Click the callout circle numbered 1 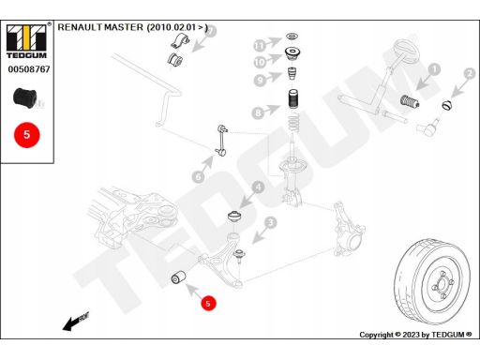coord(433,68)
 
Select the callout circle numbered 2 coord(468,73)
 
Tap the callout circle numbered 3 coord(270,222)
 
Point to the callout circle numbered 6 coord(198,175)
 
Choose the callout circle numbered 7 coord(210,31)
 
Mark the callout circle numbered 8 coord(258,112)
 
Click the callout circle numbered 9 coord(258,79)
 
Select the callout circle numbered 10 coord(258,62)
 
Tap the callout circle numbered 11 coord(258,45)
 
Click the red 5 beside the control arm coord(208,303)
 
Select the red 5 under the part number coord(26,134)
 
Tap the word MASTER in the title coord(122,28)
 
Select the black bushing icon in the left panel coord(25,97)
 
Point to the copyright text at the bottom coord(418,335)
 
